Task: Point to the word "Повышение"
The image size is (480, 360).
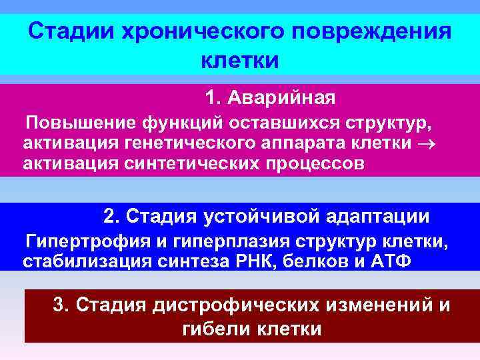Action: click(78, 124)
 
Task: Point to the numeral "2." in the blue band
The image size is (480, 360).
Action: click(113, 217)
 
